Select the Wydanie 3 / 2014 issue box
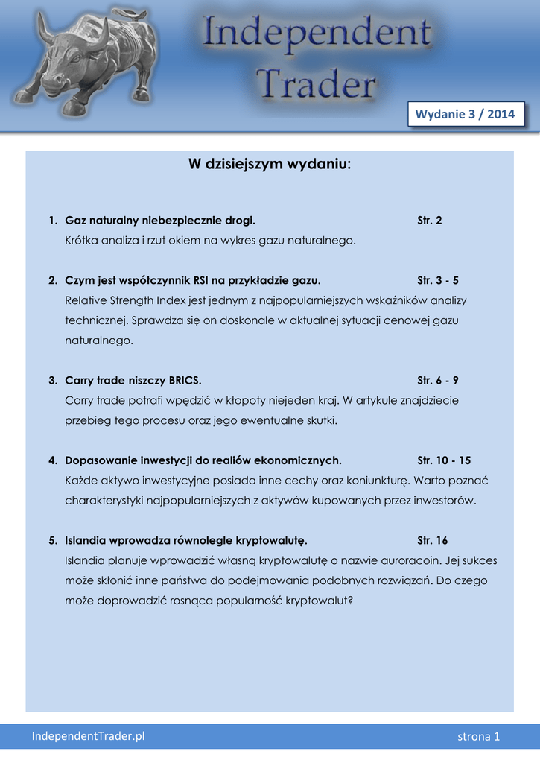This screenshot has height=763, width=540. (x=465, y=114)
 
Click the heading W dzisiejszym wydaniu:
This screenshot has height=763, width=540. (x=270, y=164)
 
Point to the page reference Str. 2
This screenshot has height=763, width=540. (x=430, y=221)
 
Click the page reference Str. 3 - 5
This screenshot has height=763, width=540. (x=438, y=280)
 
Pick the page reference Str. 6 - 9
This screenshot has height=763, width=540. (x=438, y=380)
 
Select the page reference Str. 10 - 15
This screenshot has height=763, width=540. (x=444, y=460)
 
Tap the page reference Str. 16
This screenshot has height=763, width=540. (x=433, y=539)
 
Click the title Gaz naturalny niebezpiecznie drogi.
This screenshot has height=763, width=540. (x=160, y=221)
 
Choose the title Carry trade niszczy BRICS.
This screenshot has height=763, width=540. (x=133, y=380)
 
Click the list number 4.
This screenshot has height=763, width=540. (x=52, y=460)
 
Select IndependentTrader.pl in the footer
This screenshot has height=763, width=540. (x=88, y=736)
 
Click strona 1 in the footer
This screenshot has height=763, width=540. (x=478, y=736)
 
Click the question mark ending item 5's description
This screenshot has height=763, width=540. (x=349, y=599)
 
